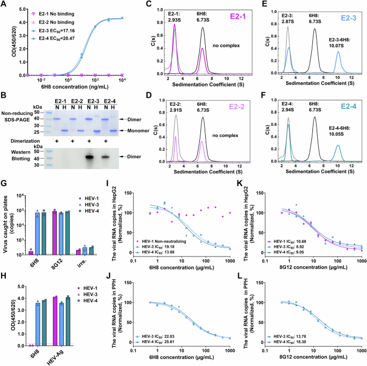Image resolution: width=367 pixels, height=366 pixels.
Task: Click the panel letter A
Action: pos(5,5)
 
